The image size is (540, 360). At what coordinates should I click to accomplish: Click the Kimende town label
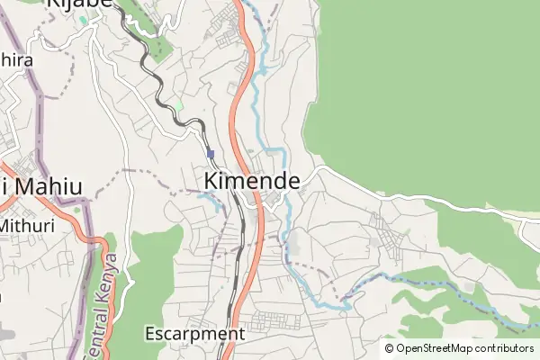(252, 180)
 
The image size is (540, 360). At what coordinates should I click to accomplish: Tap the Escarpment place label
(194, 334)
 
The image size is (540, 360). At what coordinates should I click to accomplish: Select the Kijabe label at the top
(77, 4)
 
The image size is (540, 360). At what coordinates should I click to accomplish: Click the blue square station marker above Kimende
(211, 154)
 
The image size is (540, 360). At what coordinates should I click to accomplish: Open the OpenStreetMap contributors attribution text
(459, 348)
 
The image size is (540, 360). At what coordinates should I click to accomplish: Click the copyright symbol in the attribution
(390, 348)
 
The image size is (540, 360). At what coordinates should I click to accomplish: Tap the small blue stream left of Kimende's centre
(216, 202)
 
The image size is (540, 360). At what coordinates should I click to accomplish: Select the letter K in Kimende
(211, 180)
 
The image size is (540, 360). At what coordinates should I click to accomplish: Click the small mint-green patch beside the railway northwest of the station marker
(178, 106)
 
